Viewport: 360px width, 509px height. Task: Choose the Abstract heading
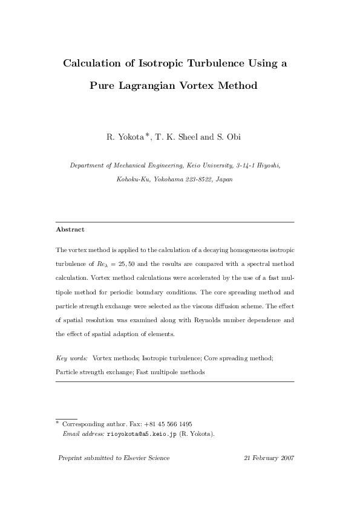[70, 230]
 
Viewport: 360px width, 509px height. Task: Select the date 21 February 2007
[269, 458]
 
